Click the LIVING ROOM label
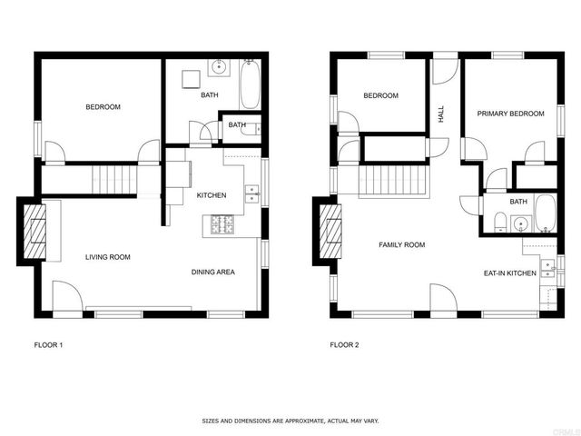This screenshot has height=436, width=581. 108,257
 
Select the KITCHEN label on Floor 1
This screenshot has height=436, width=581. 212,195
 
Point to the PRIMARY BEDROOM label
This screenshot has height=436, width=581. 511,114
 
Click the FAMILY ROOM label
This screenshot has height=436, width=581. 401,244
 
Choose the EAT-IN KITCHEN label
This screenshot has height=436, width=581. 509,272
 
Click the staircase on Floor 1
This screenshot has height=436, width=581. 114,178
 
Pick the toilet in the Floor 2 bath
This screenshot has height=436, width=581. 500,221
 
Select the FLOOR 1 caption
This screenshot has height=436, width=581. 48,345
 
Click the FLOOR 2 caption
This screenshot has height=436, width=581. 344,345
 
